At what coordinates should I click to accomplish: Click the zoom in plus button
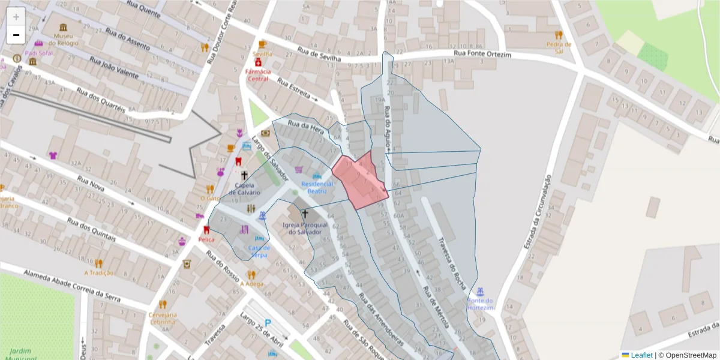pyautogui.click(x=16, y=17)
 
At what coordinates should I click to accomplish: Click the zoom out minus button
pyautogui.click(x=16, y=35)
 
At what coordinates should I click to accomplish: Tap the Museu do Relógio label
pyautogui.click(x=63, y=40)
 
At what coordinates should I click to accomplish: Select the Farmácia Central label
pyautogui.click(x=258, y=74)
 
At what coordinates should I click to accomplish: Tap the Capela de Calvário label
pyautogui.click(x=244, y=189)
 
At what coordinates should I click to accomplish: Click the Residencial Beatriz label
pyautogui.click(x=317, y=187)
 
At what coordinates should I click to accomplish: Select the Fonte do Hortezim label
pyautogui.click(x=481, y=304)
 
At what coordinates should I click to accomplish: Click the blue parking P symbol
pyautogui.click(x=268, y=323)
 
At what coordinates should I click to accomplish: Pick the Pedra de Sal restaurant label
pyautogui.click(x=559, y=47)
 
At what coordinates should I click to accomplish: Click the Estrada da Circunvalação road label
pyautogui.click(x=538, y=212)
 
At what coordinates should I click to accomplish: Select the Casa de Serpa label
pyautogui.click(x=259, y=251)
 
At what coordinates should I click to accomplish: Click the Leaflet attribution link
pyautogui.click(x=641, y=355)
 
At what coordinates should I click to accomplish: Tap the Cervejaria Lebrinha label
pyautogui.click(x=163, y=318)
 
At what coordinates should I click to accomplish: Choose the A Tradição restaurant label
pyautogui.click(x=99, y=272)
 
